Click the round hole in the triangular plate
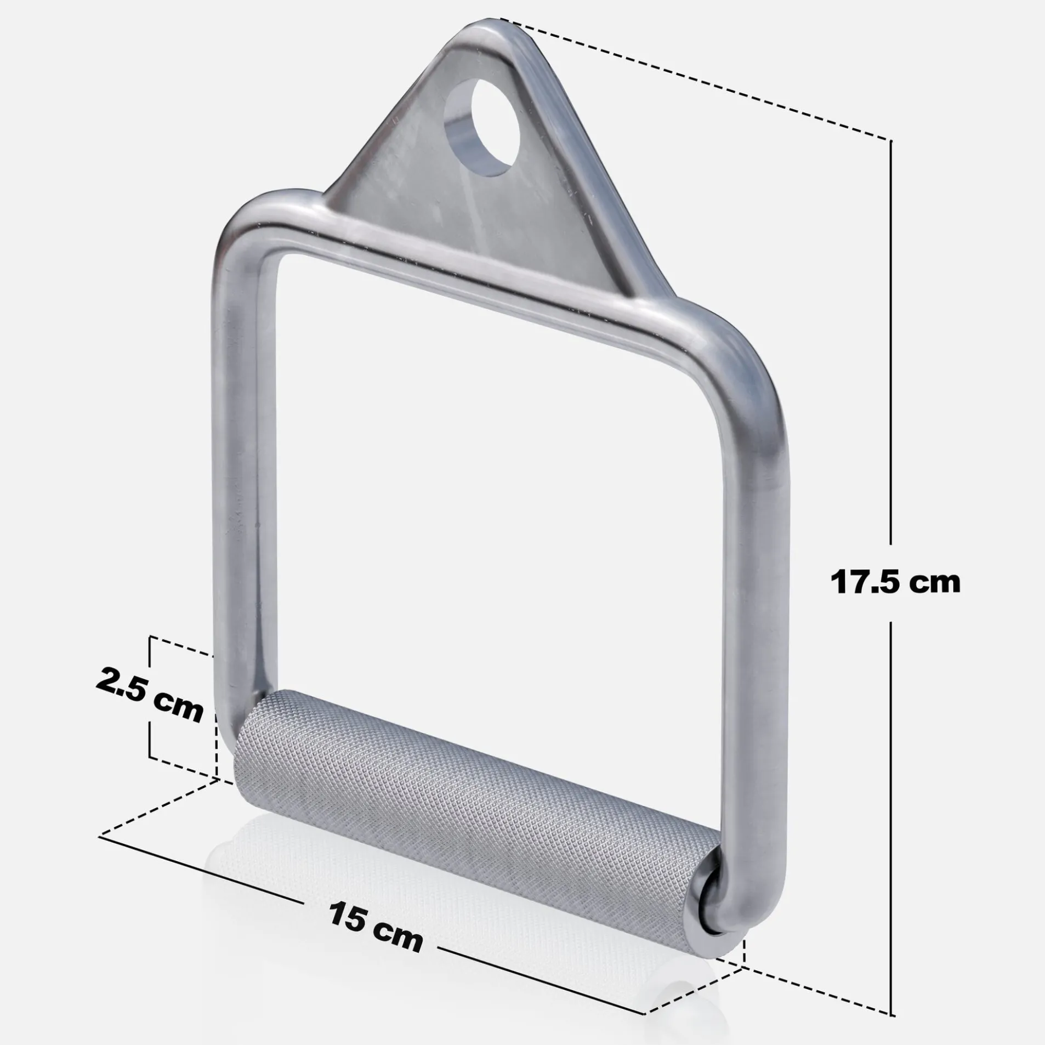pos(481,128)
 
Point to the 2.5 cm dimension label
pos(149,694)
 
